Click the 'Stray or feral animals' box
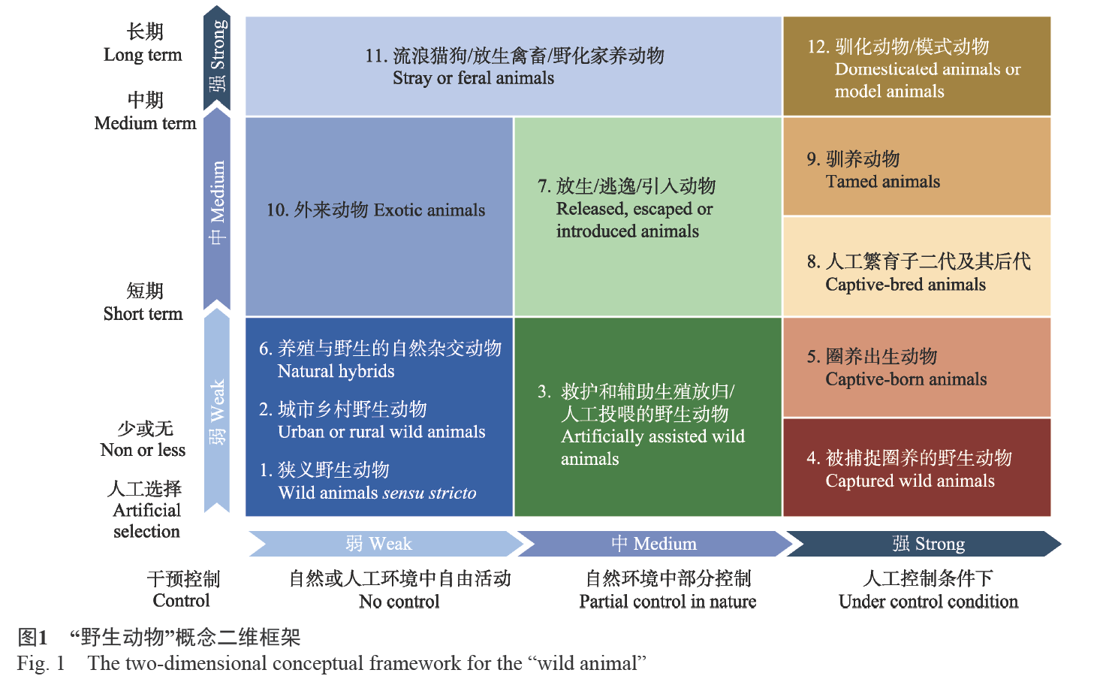point(514,66)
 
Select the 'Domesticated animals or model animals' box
point(916,66)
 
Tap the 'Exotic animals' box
point(379,216)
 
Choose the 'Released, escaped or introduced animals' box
point(648,216)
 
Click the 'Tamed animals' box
point(916,167)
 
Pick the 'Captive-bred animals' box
point(916,267)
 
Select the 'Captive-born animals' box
point(916,367)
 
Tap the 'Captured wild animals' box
point(916,467)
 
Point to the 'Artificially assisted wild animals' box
point(648,417)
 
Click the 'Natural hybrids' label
point(336,371)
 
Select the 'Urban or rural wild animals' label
point(381,432)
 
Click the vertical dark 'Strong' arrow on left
point(217,59)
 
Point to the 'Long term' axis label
point(143,55)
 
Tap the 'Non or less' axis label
point(143,450)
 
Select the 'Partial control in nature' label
point(668,602)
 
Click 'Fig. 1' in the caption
point(41,663)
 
